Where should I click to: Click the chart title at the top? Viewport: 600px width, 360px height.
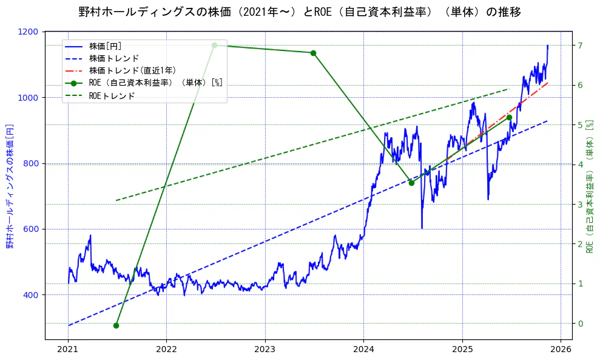coord(300,12)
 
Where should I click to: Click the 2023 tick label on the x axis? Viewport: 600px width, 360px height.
coord(265,350)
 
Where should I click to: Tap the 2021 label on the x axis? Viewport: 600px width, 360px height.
coord(67,350)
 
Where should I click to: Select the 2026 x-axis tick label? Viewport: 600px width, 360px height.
coord(561,350)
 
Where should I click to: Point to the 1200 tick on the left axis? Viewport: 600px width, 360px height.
coord(30,32)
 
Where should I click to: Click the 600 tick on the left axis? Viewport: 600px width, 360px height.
coord(32,229)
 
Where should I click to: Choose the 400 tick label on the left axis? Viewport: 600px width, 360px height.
coord(32,295)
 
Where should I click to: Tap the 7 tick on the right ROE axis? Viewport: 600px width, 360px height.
coord(580,46)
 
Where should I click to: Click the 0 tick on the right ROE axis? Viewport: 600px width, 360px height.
coord(580,324)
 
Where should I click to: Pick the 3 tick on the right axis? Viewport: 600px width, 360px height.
coord(580,205)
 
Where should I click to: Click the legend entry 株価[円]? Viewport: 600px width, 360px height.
coord(106,46)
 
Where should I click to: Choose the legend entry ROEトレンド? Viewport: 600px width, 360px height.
coord(112,95)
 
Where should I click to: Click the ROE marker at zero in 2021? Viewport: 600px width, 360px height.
coord(116,325)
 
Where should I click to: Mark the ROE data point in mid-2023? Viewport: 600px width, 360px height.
coord(313,53)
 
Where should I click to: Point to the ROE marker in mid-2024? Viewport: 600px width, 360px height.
coord(411,183)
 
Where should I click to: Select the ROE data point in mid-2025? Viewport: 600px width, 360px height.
coord(509,117)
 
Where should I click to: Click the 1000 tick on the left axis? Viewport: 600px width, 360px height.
coord(30,98)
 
